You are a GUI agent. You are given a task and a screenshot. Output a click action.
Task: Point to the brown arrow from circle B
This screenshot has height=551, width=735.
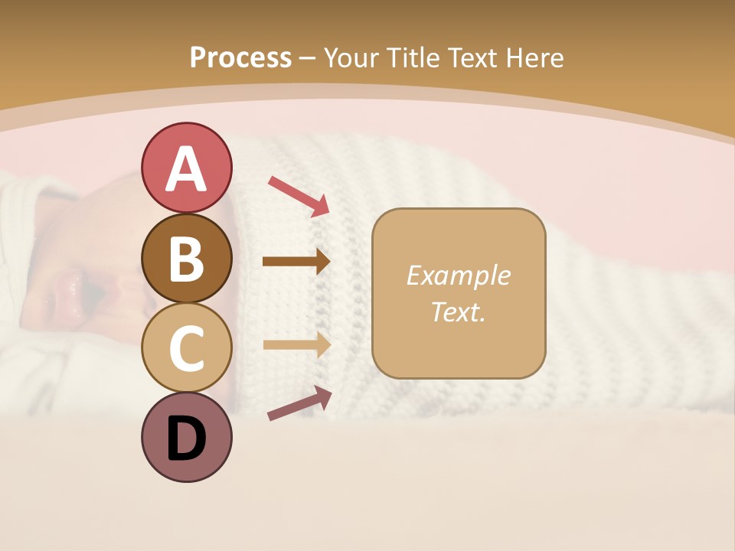coord(296,262)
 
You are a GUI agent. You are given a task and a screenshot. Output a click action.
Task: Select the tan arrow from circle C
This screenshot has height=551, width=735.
coord(296,345)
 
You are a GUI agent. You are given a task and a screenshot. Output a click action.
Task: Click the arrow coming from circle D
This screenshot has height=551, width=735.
coord(299,403)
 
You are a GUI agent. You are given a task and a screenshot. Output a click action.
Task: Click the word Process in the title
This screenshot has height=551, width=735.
coord(240,57)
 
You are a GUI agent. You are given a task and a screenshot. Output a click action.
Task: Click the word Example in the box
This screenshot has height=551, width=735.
coord(458,275)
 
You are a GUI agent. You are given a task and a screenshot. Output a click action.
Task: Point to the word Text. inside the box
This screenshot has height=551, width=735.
coord(458,312)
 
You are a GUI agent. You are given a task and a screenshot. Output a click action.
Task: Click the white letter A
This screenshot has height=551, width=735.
coord(187,169)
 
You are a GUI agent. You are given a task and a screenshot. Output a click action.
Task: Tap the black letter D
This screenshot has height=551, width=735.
coord(187,439)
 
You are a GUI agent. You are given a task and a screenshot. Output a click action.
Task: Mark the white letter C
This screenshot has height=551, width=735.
coord(187,349)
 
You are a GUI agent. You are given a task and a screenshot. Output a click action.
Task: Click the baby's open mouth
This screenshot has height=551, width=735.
coord(92,292)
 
